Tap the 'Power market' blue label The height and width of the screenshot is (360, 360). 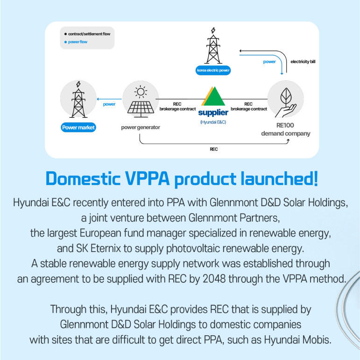point(78,127)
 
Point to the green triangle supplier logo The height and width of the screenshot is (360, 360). point(213,96)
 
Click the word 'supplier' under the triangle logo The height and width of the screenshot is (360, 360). point(213,113)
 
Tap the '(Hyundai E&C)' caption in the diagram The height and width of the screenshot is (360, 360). point(214,122)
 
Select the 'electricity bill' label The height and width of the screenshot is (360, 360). point(303,61)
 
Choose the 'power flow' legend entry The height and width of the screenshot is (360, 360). point(78,42)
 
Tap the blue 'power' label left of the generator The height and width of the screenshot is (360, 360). point(109,104)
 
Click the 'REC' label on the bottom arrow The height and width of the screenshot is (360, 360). point(213,149)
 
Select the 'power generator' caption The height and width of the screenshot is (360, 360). point(141,127)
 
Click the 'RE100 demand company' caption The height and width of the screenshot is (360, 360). point(285,130)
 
